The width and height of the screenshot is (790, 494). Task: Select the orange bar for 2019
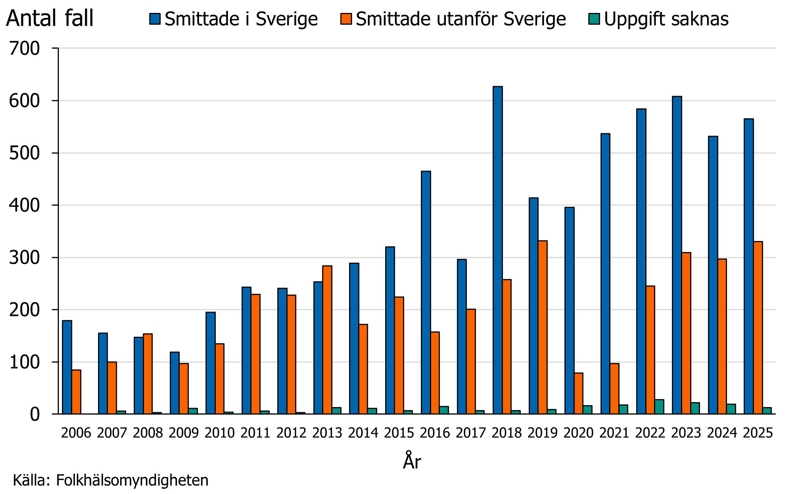542,327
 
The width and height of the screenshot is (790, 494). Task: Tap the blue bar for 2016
426,292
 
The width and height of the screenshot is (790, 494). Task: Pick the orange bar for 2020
578,393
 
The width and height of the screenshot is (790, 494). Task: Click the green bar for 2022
659,407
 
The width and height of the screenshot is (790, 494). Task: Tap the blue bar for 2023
677,255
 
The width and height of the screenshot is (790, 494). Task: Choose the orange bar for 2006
76,392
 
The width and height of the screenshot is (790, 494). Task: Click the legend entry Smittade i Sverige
241,19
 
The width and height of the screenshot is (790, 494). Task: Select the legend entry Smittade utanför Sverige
460,19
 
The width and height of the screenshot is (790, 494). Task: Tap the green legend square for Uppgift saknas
594,19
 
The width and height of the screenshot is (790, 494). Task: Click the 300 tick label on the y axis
24,258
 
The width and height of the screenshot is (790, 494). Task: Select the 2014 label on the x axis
363,433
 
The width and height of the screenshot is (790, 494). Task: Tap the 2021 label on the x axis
614,433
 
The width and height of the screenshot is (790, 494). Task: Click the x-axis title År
412,461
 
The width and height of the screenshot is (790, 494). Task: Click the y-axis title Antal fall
50,18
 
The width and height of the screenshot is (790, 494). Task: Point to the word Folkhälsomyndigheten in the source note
132,480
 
